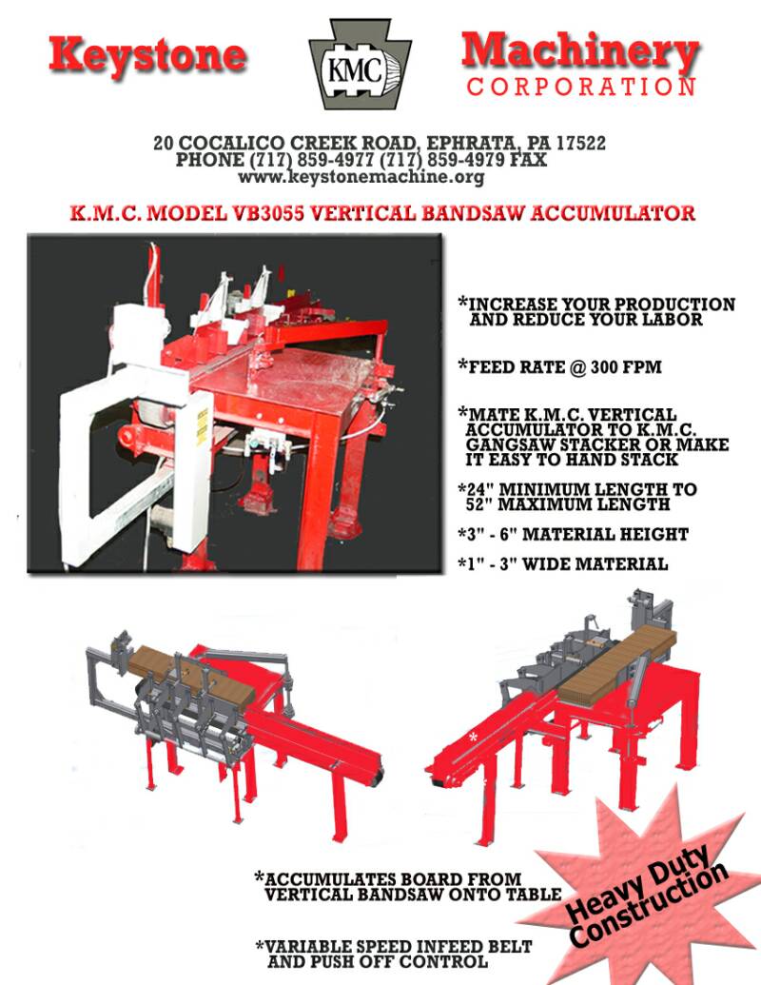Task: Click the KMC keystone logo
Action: [361, 64]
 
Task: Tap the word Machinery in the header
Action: [580, 51]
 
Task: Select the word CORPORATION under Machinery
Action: [581, 87]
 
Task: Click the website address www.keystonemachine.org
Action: [361, 176]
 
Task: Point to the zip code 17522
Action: [581, 143]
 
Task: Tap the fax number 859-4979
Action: [464, 160]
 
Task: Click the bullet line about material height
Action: [573, 535]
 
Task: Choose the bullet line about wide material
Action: [562, 564]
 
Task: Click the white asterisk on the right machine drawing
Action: [473, 737]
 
